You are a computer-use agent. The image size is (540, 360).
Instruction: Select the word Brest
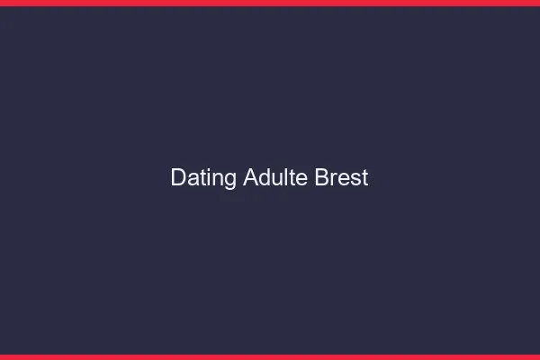point(342,178)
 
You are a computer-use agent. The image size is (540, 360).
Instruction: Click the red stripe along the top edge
point(270,3)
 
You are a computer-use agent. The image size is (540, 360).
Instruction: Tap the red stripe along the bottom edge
point(270,356)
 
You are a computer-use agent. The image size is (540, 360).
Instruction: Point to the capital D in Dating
point(178,178)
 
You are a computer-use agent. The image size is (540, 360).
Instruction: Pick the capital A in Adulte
point(250,178)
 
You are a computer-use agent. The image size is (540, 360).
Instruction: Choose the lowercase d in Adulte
point(264,178)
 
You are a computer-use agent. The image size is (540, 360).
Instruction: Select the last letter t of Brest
point(364,178)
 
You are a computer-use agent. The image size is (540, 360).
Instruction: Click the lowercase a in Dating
point(193,179)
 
